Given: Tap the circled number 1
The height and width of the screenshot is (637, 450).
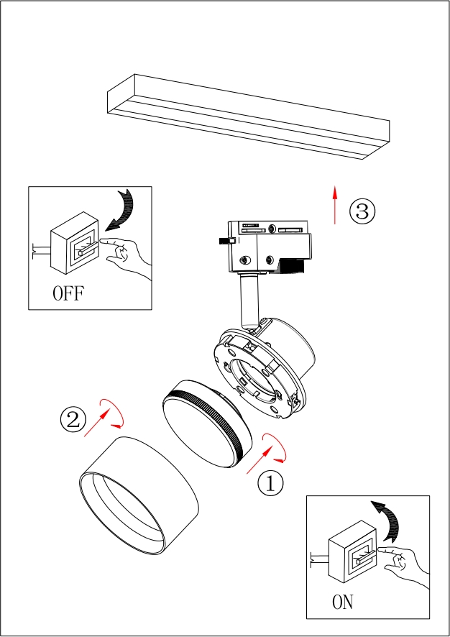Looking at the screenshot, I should click(270, 483).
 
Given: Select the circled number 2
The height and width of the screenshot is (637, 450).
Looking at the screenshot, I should click(73, 420).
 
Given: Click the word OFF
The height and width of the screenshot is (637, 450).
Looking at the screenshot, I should click(68, 293).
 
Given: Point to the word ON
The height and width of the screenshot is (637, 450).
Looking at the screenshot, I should click(343, 602).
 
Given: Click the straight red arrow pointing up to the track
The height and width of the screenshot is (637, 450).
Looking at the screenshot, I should click(335, 205).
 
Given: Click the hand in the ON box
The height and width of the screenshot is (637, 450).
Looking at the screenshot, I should click(405, 562).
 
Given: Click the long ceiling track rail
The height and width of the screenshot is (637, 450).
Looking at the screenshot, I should click(248, 115).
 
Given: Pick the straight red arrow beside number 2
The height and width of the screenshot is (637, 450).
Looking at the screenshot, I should click(96, 424).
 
